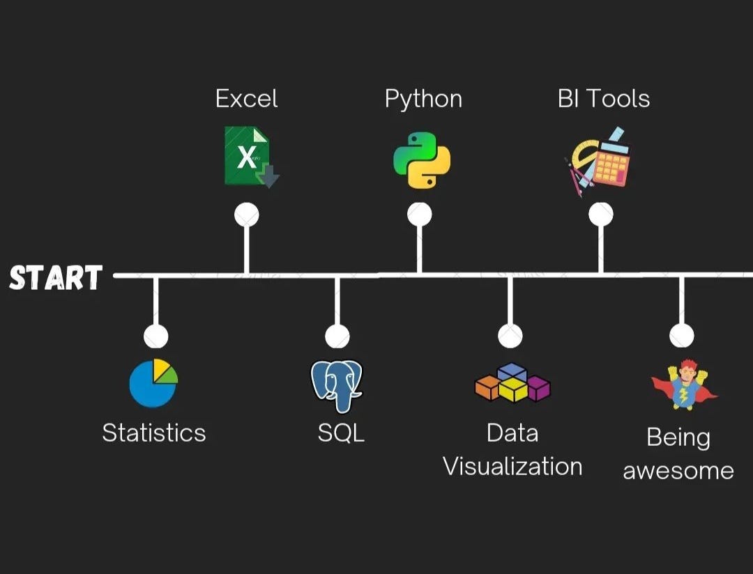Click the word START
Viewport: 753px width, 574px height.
click(56, 277)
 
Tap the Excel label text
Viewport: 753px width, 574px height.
click(246, 99)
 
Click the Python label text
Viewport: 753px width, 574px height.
click(423, 100)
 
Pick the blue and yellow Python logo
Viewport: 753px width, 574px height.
click(421, 160)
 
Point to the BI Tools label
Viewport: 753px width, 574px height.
click(604, 99)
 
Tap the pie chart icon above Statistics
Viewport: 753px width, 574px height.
click(153, 382)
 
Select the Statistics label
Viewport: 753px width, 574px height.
click(154, 433)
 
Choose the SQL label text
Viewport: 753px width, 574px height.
click(341, 433)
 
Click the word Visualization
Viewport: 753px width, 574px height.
click(512, 466)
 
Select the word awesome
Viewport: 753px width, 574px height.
click(678, 471)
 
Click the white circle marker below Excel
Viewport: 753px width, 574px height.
click(246, 215)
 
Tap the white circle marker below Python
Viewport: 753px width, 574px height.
click(419, 215)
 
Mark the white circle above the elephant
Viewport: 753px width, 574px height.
click(337, 336)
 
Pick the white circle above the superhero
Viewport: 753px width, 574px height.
click(681, 336)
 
